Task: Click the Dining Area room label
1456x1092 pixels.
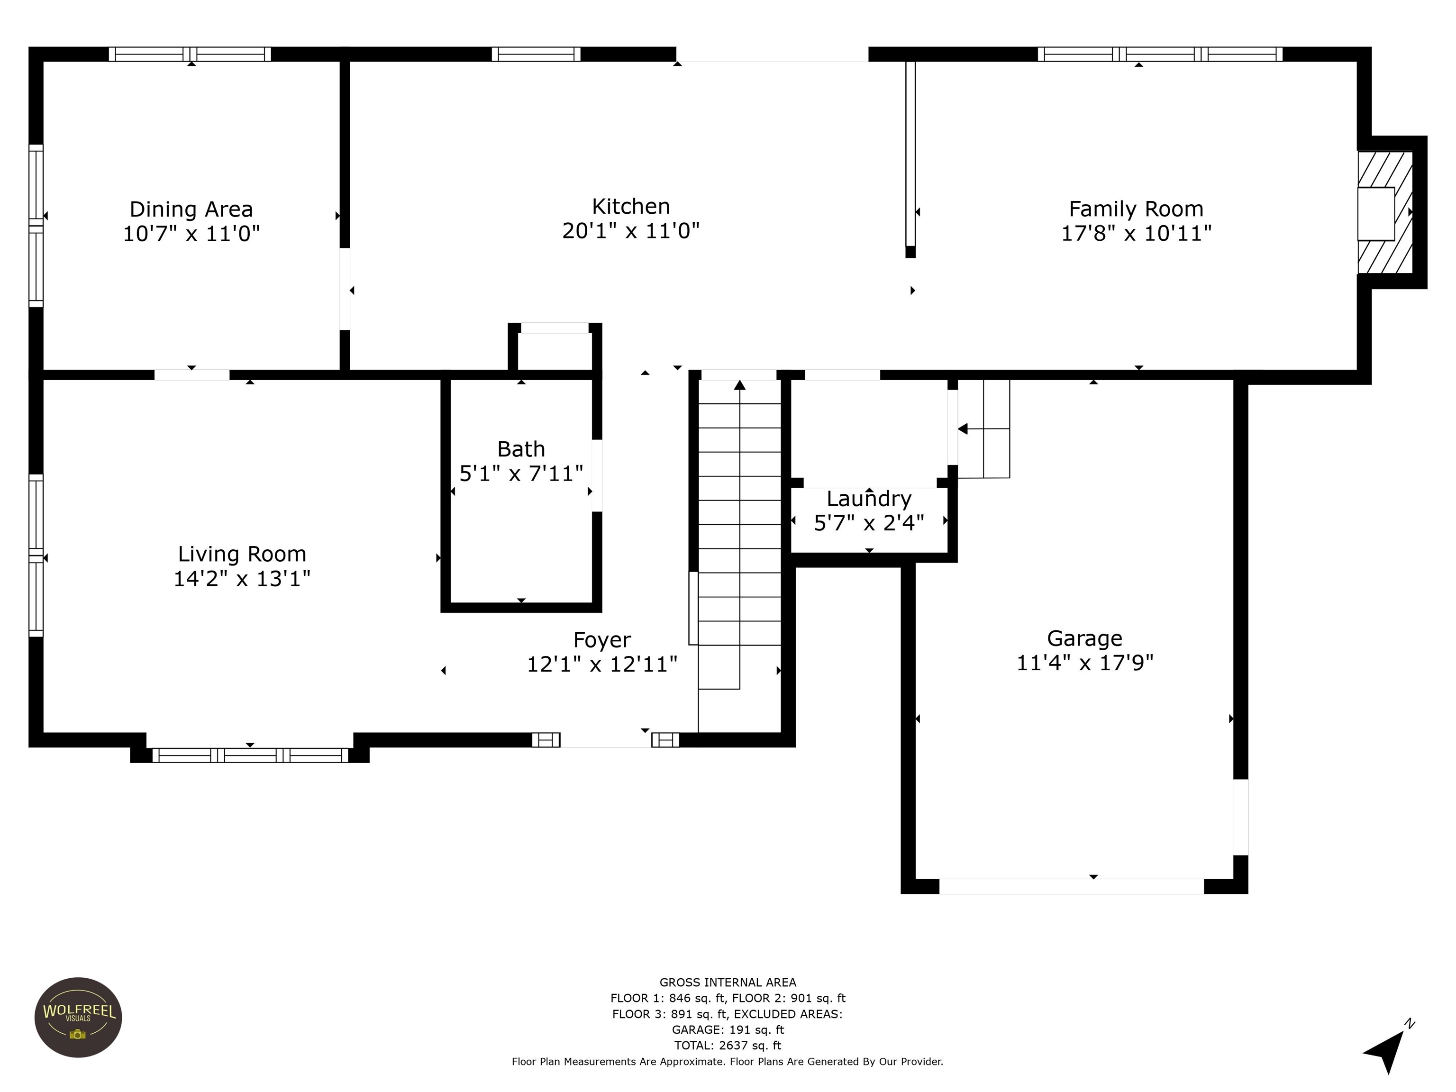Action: [191, 209]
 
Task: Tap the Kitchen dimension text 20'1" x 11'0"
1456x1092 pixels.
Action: [630, 231]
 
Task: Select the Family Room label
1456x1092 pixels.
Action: [1136, 209]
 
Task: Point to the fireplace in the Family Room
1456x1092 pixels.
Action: [1385, 213]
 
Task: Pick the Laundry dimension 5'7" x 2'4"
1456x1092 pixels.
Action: [869, 523]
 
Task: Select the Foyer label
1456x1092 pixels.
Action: [601, 640]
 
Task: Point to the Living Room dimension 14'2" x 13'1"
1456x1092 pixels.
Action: [242, 579]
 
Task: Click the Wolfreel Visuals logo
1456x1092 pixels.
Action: [78, 1018]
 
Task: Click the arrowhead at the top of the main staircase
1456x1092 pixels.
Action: [740, 385]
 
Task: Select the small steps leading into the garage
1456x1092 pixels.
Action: [983, 428]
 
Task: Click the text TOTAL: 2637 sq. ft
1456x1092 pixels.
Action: [728, 1045]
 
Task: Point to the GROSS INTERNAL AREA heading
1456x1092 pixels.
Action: [728, 983]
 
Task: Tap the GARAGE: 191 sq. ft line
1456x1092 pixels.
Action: [728, 1029]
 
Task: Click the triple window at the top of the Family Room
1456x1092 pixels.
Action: [1160, 54]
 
